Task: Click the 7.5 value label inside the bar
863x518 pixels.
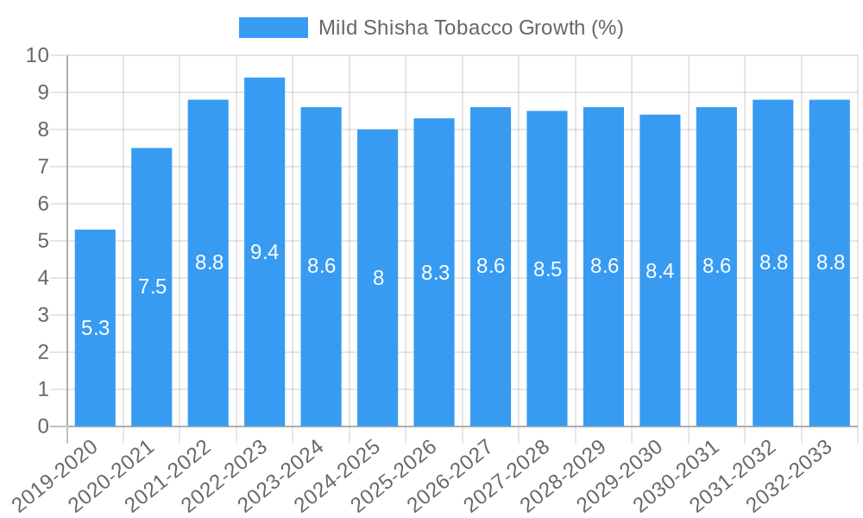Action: pos(152,287)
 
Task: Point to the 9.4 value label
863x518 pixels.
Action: pos(265,252)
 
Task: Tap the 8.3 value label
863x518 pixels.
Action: pos(435,273)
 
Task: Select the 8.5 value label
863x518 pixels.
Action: pos(547,269)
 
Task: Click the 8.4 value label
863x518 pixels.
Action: pos(660,271)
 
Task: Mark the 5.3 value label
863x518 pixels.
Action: pos(95,328)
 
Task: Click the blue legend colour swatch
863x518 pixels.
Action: pos(273,28)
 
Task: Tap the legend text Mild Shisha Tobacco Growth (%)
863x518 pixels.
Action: pos(470,28)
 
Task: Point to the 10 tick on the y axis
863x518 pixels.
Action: pos(37,55)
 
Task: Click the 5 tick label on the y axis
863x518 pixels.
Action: pos(43,241)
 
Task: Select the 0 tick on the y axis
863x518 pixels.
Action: pos(43,426)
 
